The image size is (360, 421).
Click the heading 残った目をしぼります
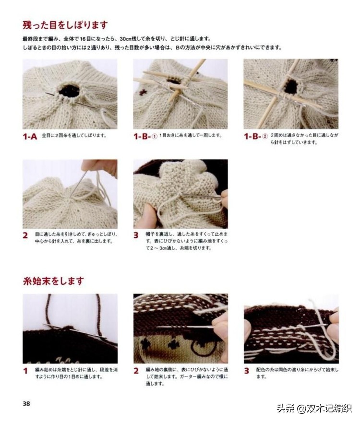(x=65, y=25)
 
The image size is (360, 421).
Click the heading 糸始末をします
(x=53, y=281)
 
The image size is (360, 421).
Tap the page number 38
(x=26, y=404)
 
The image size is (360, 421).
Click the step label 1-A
(x=30, y=136)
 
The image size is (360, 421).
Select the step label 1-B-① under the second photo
(x=145, y=136)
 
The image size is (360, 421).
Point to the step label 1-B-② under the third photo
(x=256, y=136)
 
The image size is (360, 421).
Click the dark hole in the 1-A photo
(x=70, y=90)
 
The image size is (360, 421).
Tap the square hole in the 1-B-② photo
(x=290, y=86)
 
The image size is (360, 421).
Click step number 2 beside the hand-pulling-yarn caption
(x=25, y=235)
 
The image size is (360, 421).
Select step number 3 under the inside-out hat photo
(x=136, y=235)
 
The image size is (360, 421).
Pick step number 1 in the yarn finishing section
(x=25, y=371)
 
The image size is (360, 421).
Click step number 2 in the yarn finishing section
(x=136, y=371)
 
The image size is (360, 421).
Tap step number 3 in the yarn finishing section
(x=247, y=371)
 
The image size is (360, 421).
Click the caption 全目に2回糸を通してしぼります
(x=74, y=136)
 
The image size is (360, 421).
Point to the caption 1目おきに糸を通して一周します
(x=191, y=136)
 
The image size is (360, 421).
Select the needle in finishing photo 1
(x=72, y=329)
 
